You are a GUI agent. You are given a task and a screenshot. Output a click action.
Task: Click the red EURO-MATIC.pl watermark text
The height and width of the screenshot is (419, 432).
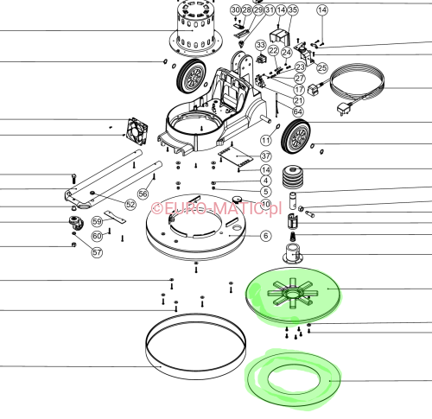(x=217, y=208)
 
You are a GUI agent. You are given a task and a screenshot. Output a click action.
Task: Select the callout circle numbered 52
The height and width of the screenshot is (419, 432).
(x=130, y=205)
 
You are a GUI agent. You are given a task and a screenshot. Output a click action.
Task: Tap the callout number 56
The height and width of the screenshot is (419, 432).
(x=143, y=194)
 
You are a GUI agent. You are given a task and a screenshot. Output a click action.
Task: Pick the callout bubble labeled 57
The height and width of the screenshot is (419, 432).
(x=98, y=253)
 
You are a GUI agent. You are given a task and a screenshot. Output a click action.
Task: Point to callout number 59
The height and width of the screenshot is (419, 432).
(x=98, y=222)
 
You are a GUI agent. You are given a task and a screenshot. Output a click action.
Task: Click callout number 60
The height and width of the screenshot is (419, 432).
(x=97, y=235)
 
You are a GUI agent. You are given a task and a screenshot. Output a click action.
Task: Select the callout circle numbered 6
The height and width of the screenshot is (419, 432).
(x=266, y=235)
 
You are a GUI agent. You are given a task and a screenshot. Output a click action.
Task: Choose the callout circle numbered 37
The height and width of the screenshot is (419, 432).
(x=266, y=156)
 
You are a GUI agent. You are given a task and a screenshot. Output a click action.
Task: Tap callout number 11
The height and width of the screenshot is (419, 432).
(x=266, y=139)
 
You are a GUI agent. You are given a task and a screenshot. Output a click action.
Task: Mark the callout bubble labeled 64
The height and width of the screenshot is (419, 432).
(x=297, y=111)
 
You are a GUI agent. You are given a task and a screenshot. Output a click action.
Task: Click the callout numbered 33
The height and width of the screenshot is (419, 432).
(x=260, y=44)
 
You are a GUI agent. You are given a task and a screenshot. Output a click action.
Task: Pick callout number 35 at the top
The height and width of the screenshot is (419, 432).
(x=292, y=10)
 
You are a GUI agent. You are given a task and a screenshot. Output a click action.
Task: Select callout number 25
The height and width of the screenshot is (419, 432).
(x=321, y=67)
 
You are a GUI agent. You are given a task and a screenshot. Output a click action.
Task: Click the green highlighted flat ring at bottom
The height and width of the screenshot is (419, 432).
(x=293, y=378)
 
